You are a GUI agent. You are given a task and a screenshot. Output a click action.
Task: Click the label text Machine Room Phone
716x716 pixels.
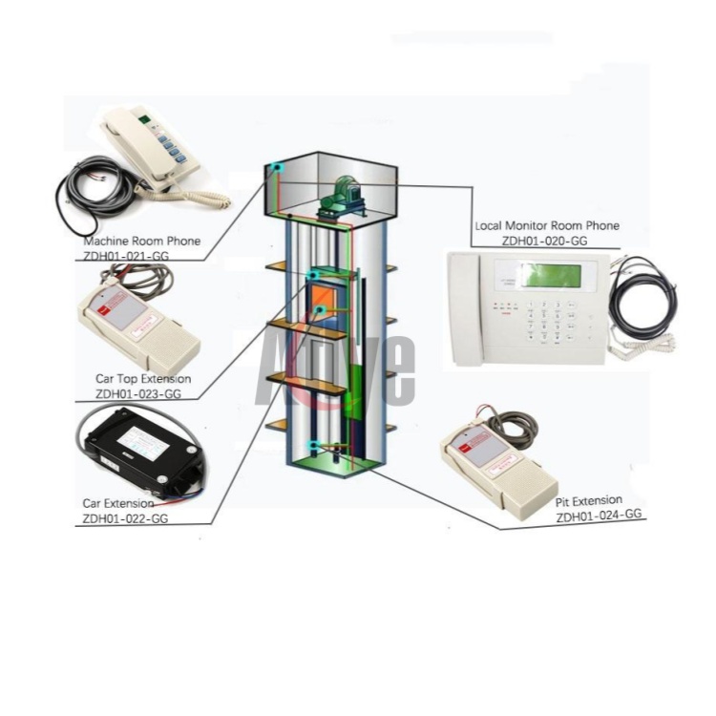[x=142, y=242]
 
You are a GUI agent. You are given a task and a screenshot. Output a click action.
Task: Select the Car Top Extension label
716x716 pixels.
[x=143, y=379]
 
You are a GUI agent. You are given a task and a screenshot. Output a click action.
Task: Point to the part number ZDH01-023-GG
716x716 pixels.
[x=138, y=392]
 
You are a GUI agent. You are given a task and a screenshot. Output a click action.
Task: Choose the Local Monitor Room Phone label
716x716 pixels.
[x=547, y=226]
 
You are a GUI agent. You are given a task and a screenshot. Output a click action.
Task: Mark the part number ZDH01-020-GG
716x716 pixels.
[x=544, y=241]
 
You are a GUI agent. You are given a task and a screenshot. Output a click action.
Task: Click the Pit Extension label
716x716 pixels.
[x=589, y=500]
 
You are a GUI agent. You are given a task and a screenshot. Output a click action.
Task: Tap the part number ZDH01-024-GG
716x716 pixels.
[x=600, y=514]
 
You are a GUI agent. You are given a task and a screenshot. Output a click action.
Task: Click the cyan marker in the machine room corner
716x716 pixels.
[x=277, y=168]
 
